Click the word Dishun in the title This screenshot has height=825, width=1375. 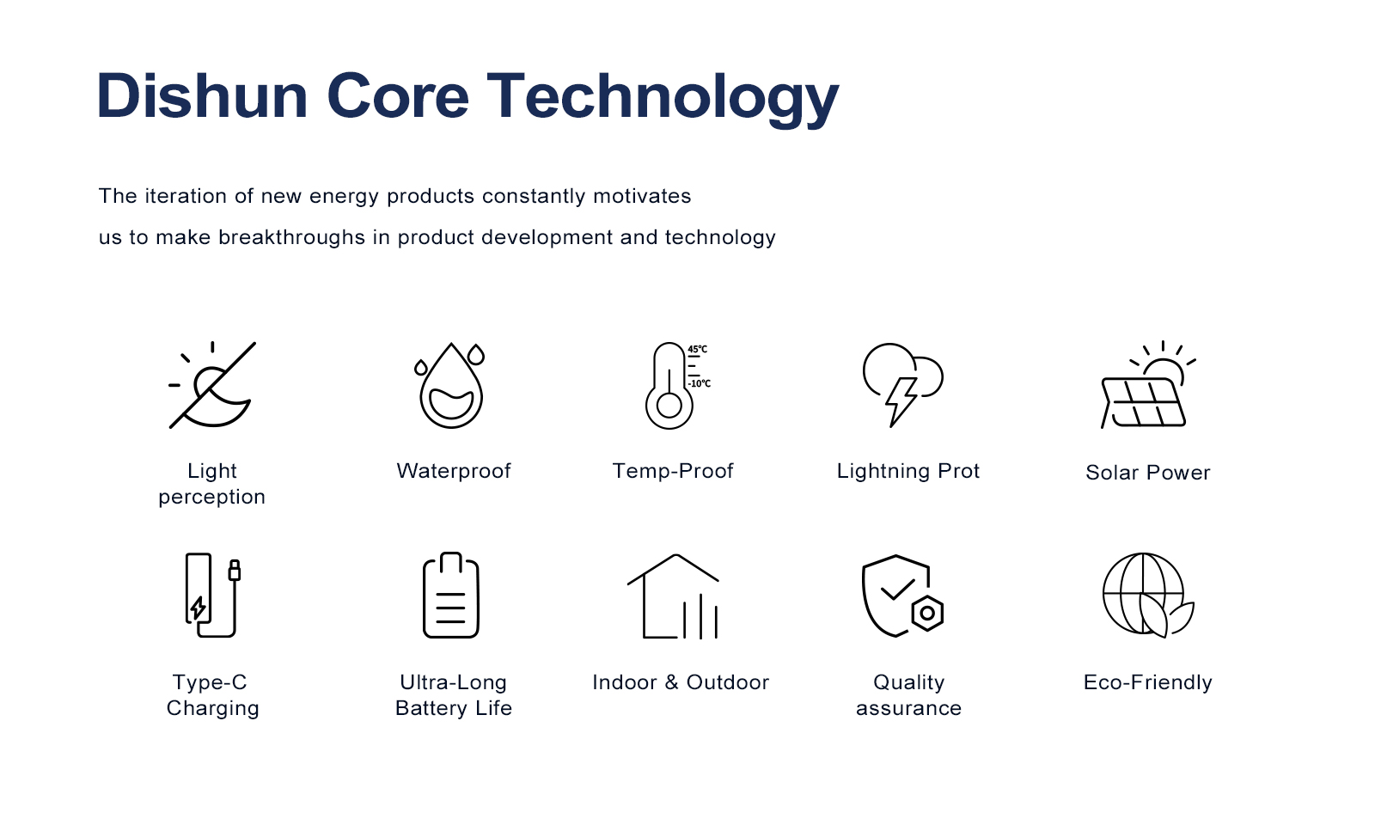(202, 95)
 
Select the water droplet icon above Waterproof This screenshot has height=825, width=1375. (451, 386)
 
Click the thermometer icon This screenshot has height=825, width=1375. (669, 386)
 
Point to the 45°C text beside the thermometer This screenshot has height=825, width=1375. (697, 349)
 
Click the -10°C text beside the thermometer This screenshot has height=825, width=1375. (700, 383)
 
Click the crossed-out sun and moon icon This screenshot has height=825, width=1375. (212, 385)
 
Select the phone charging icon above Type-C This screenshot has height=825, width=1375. (212, 596)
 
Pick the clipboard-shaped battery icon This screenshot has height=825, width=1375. (451, 596)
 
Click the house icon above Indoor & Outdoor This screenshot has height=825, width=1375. (674, 596)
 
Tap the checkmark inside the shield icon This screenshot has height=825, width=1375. (897, 590)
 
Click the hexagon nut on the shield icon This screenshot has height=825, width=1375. (927, 614)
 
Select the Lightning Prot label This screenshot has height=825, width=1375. (908, 472)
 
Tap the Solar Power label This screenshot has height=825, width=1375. (1148, 473)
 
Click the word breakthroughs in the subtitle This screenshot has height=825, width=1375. (291, 237)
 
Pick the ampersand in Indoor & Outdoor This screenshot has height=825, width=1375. (671, 682)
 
